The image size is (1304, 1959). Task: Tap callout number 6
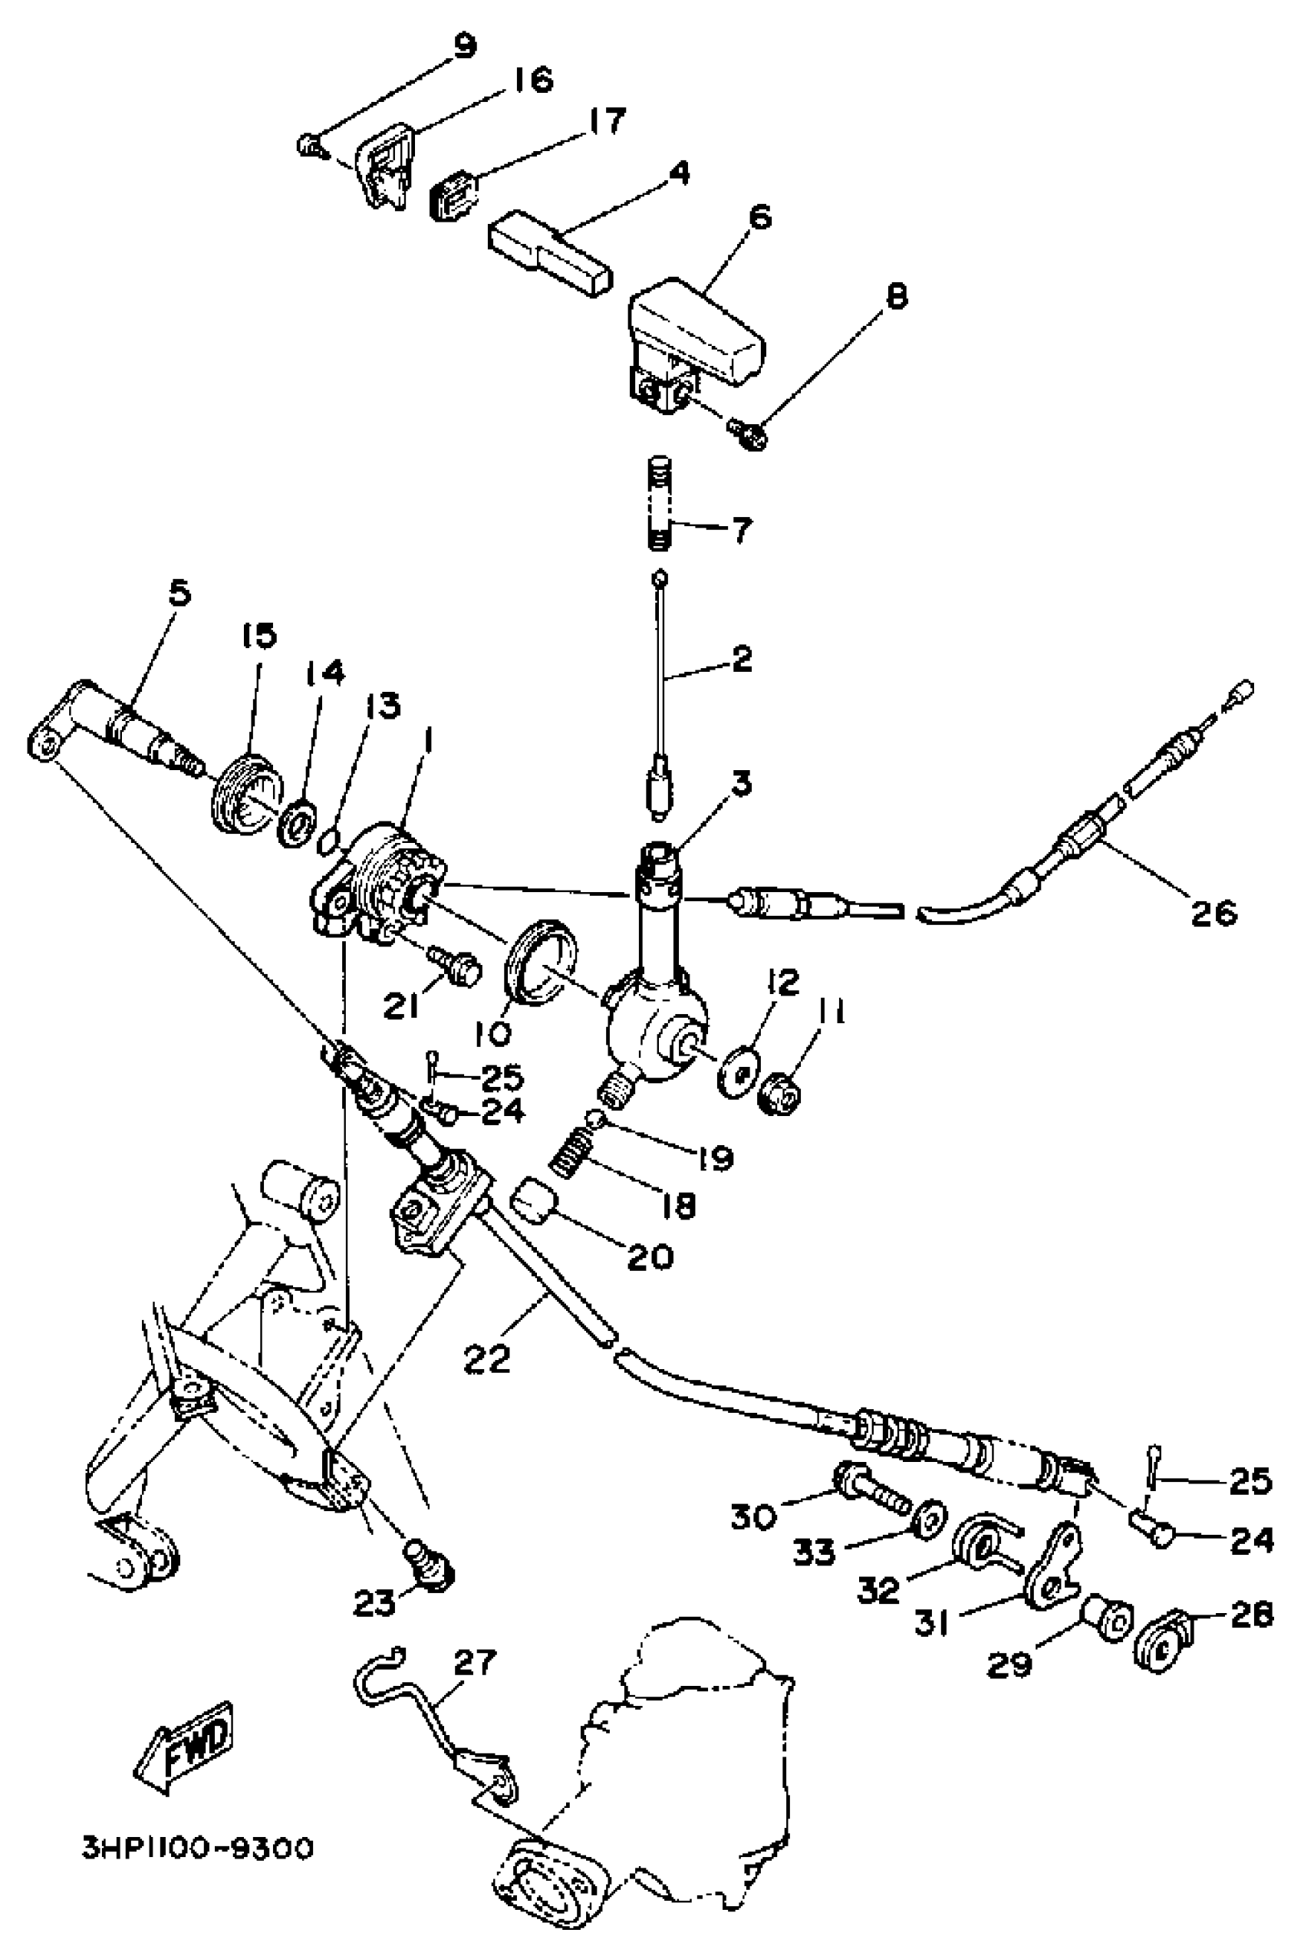coord(759,218)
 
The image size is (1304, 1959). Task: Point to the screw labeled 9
coord(308,147)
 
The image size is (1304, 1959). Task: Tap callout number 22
coord(487,1358)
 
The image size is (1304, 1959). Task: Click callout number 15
coord(258,637)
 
